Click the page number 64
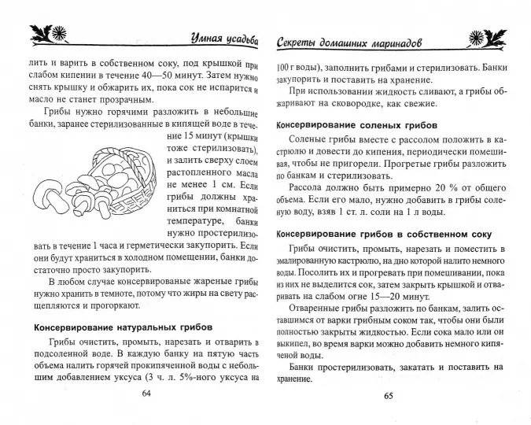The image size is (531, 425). coord(145,394)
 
